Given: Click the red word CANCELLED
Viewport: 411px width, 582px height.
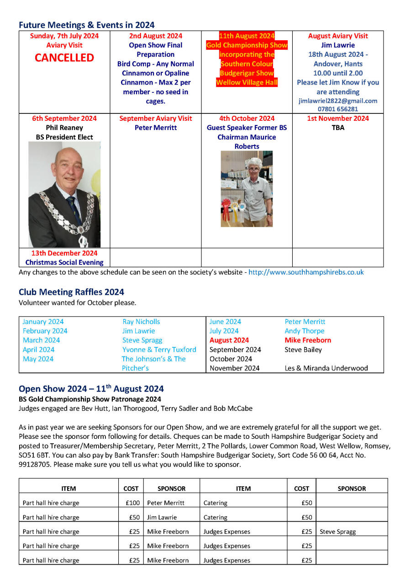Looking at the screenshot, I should click(x=64, y=58).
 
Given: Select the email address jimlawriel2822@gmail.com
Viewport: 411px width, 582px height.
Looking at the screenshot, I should click(x=338, y=101).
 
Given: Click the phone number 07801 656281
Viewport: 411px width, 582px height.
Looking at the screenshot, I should click(x=338, y=109).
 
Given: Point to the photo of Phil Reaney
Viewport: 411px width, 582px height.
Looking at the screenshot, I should click(x=64, y=194).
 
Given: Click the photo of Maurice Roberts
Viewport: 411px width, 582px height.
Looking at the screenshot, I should click(x=247, y=189).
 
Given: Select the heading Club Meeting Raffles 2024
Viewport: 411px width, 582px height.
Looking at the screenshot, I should click(x=71, y=292).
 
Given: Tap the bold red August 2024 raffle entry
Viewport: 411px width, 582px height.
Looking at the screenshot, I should click(x=229, y=340).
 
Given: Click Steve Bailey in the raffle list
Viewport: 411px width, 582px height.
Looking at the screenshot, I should click(x=303, y=350).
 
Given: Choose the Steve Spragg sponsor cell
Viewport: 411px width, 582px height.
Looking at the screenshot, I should click(x=338, y=532).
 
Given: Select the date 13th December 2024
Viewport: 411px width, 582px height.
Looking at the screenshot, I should click(x=64, y=253).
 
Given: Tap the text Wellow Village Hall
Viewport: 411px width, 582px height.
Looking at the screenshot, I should click(x=247, y=83).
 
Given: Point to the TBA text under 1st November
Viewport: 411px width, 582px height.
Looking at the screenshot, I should click(x=338, y=128).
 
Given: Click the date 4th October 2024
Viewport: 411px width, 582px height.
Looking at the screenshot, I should click(x=247, y=119).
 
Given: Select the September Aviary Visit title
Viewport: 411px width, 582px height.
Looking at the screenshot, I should click(x=156, y=119).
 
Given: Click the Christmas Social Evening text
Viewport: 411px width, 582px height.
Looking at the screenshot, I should click(x=64, y=263).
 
